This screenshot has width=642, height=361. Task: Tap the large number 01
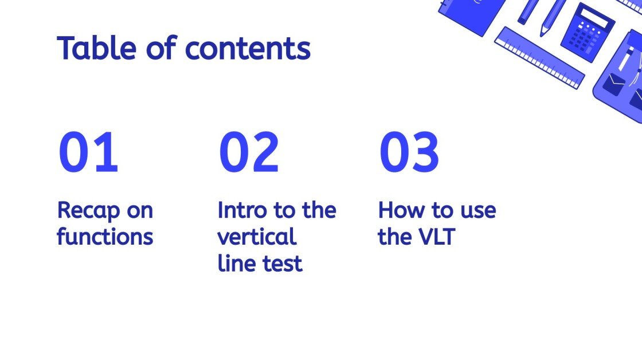pyautogui.click(x=88, y=152)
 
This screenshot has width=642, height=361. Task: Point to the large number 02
pyautogui.click(x=249, y=152)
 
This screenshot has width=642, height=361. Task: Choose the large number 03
pyautogui.click(x=409, y=152)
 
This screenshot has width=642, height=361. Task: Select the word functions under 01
pyautogui.click(x=105, y=237)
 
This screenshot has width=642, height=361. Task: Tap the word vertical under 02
pyautogui.click(x=257, y=237)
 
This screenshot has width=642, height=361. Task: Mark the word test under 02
pyautogui.click(x=281, y=264)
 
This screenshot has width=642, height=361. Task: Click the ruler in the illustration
pyautogui.click(x=539, y=57)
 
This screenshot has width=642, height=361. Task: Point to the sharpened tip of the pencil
pyautogui.click(x=542, y=33)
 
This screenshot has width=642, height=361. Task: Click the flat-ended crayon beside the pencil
pyautogui.click(x=529, y=11)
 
